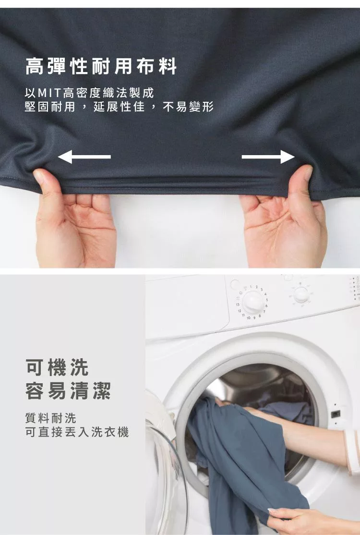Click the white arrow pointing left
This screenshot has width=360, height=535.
(84, 157)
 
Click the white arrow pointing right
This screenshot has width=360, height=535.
(268, 157)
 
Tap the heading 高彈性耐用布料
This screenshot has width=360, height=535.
(101, 66)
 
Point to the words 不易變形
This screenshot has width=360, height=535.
(188, 107)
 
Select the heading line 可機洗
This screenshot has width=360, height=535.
(57, 367)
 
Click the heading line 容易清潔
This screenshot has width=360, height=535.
(68, 390)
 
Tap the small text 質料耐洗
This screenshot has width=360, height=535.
(51, 418)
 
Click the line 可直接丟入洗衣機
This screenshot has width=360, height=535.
(77, 432)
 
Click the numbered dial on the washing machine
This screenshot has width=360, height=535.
(253, 302)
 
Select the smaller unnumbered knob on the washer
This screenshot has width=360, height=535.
(301, 294)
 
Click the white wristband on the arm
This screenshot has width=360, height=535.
(352, 451)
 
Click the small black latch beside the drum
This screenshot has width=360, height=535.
(336, 414)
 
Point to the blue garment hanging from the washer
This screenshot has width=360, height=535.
(245, 464)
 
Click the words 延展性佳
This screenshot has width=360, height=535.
(119, 107)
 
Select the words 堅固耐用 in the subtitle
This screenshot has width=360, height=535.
(50, 107)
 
